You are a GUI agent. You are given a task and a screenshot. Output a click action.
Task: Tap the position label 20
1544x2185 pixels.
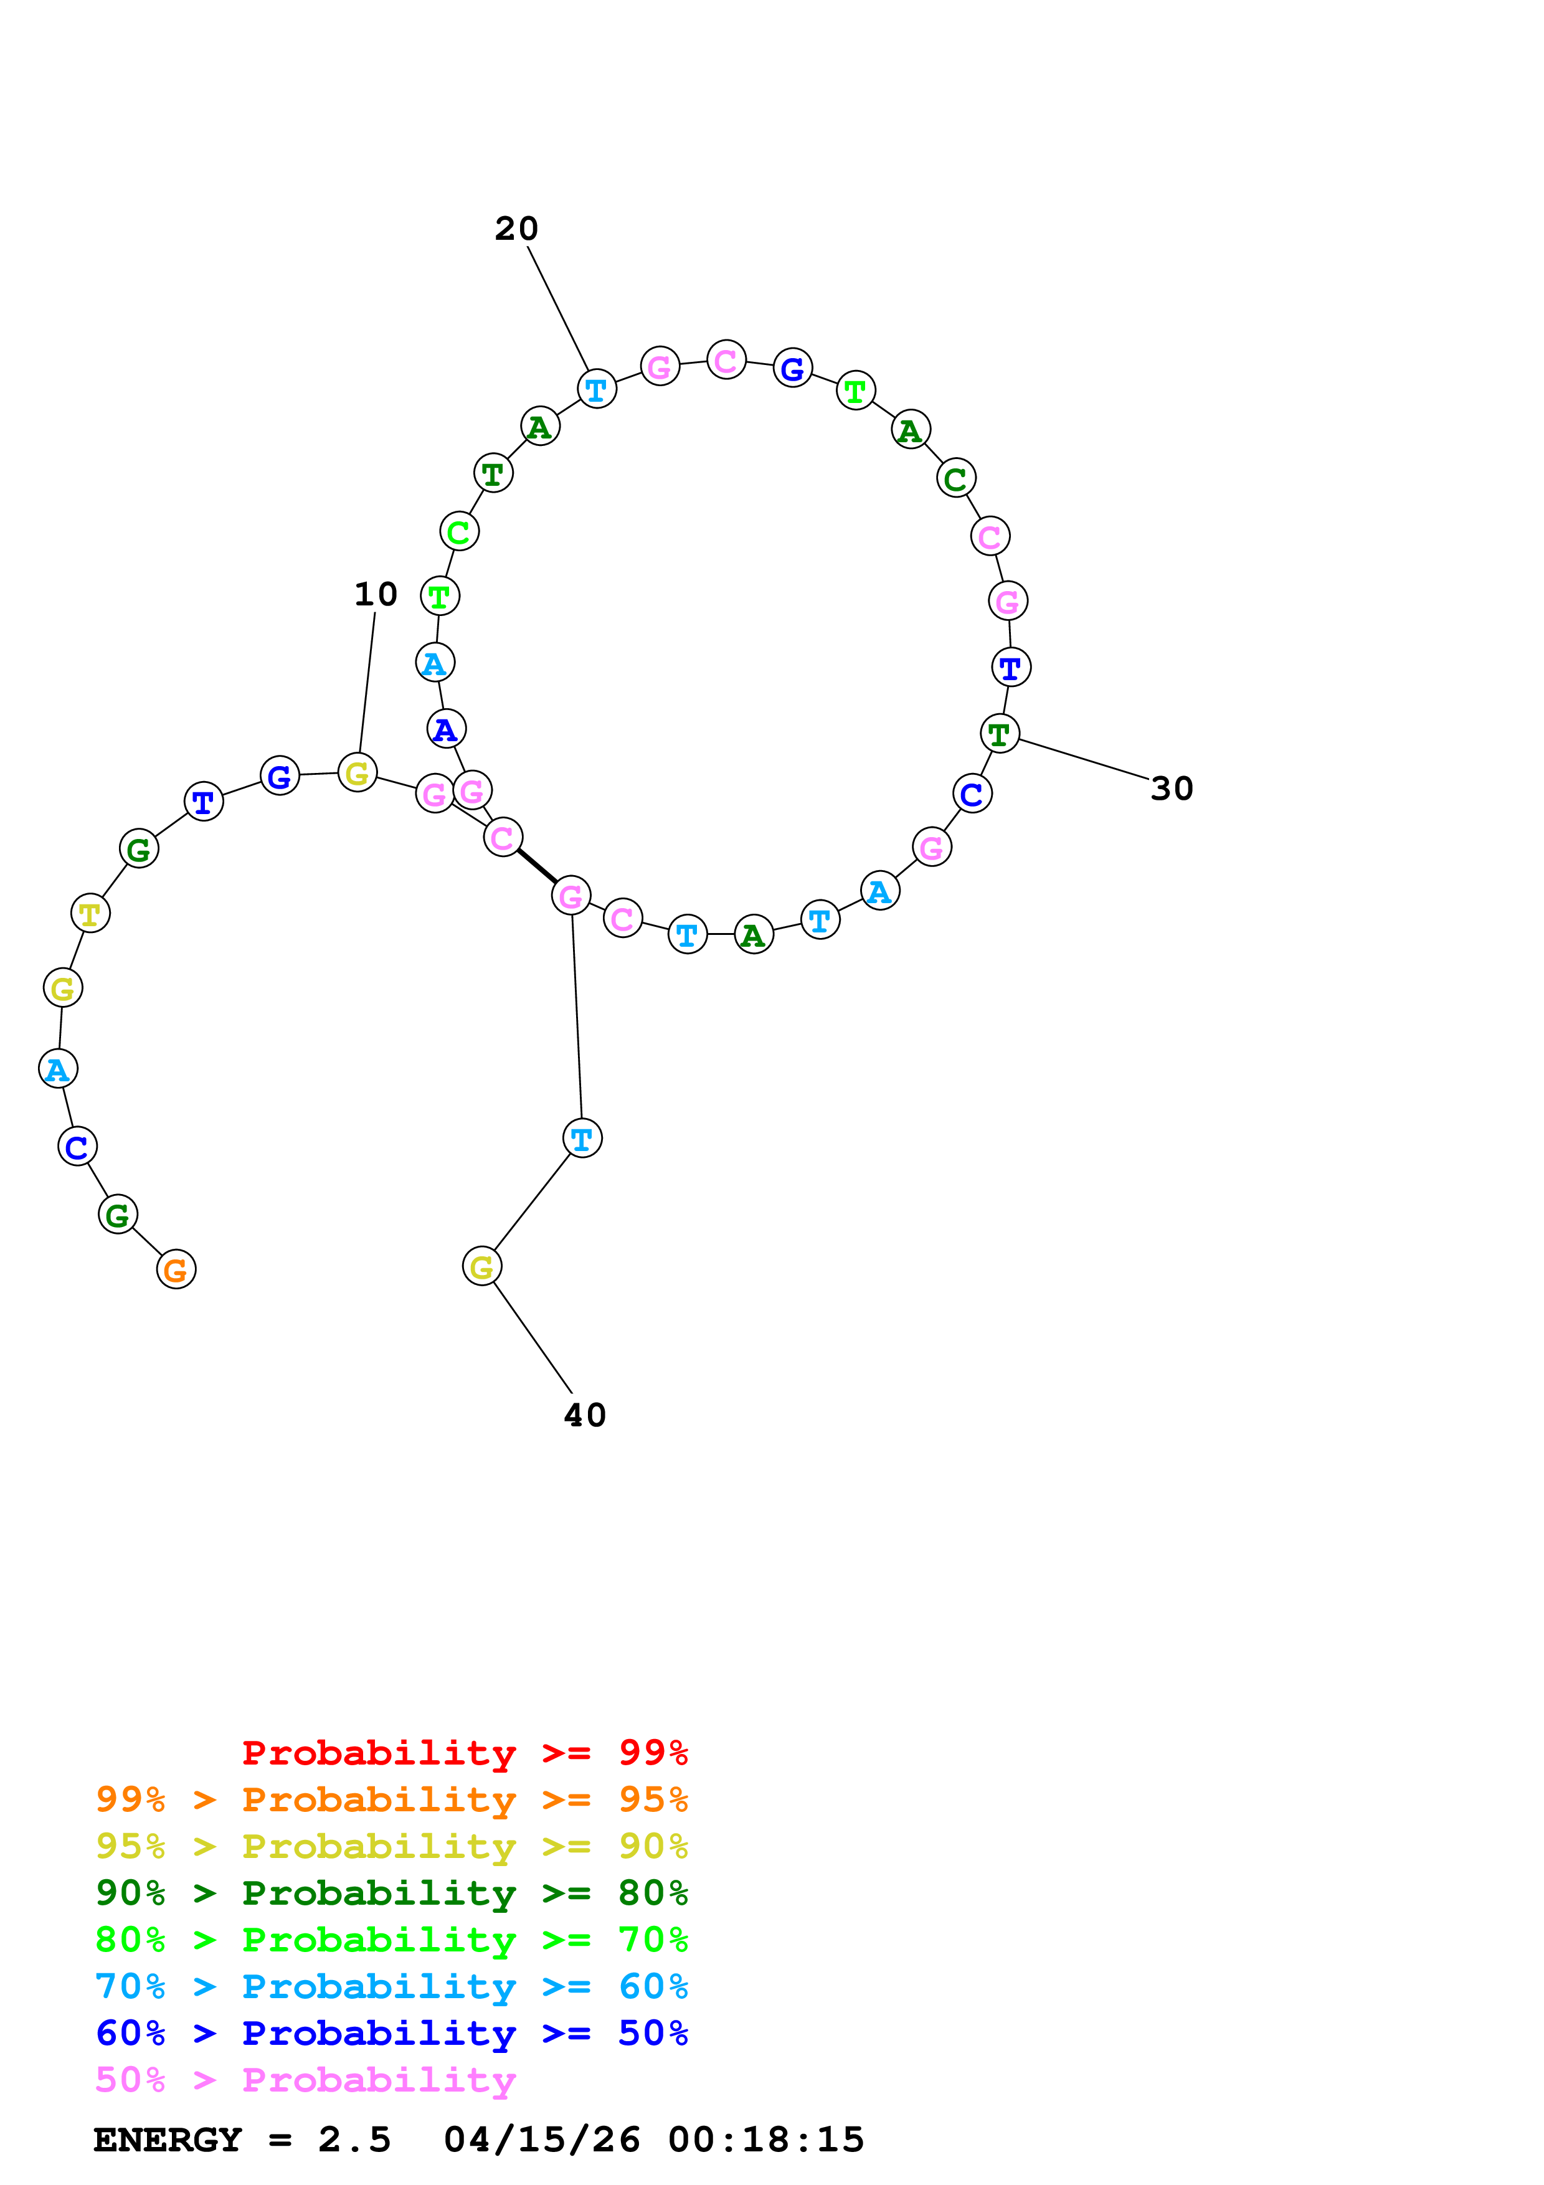click(x=516, y=229)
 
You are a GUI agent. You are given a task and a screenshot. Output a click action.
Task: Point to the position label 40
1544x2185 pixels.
click(x=584, y=1415)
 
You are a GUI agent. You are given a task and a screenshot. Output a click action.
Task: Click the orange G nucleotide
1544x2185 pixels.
click(x=176, y=1269)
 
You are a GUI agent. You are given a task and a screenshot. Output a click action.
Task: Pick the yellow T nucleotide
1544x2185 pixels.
click(x=90, y=914)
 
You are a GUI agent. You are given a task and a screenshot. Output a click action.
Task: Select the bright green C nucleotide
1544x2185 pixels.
click(x=458, y=532)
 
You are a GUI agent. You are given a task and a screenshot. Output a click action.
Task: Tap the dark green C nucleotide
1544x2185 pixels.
click(x=956, y=479)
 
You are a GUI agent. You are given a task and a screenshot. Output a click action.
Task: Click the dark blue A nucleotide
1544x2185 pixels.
click(x=446, y=730)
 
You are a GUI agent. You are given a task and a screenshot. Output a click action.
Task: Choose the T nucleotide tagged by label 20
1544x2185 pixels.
click(x=597, y=389)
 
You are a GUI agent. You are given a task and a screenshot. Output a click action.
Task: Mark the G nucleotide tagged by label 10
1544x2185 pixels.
click(x=358, y=773)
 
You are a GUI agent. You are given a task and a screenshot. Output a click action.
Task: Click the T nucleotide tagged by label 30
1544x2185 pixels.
click(x=999, y=734)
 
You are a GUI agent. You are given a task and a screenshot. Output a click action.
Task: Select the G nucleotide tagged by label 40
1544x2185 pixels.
click(x=482, y=1267)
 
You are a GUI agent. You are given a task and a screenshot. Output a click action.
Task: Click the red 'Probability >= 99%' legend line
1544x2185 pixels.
click(x=464, y=1752)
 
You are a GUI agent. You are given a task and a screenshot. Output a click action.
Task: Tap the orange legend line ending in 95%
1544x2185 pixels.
click(x=391, y=1799)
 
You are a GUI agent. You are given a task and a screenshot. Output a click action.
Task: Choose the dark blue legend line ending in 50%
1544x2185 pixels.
click(x=391, y=2033)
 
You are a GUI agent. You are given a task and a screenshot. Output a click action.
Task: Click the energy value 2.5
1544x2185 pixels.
click(x=354, y=2140)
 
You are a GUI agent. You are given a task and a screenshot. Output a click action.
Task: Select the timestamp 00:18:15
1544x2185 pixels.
click(x=766, y=2140)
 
